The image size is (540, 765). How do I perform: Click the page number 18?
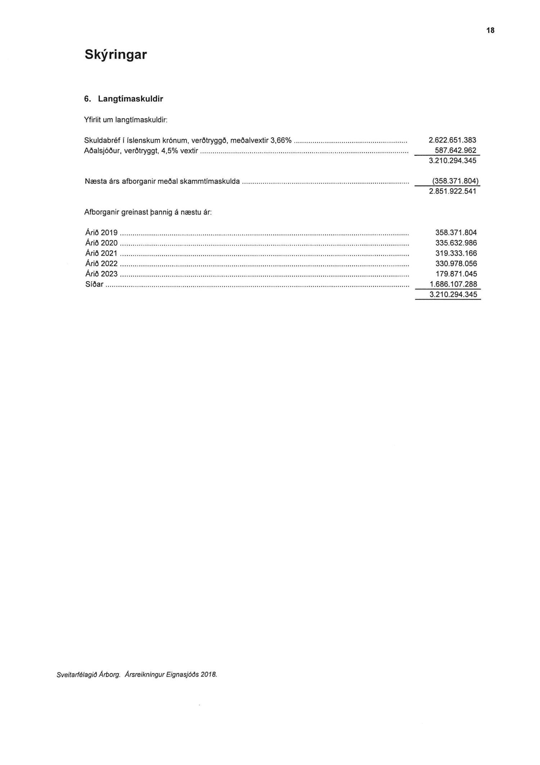click(490, 31)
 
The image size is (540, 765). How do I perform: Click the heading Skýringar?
click(116, 55)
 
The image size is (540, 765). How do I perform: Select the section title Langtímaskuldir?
click(130, 99)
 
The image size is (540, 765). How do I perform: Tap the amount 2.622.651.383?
click(453, 140)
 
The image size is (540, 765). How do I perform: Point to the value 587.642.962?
click(455, 150)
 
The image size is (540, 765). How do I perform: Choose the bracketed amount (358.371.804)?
click(455, 181)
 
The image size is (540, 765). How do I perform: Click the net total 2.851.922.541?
click(453, 191)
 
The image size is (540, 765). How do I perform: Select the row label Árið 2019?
click(102, 233)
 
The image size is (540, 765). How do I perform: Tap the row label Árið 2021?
click(102, 253)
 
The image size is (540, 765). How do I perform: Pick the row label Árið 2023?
click(102, 274)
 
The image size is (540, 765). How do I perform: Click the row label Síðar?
click(94, 284)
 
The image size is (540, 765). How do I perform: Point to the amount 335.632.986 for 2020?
click(456, 243)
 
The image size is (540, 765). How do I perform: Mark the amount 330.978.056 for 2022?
click(456, 264)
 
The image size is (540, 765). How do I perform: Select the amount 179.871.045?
click(456, 274)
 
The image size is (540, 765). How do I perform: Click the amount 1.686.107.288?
click(453, 284)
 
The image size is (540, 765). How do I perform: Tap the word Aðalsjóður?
click(103, 151)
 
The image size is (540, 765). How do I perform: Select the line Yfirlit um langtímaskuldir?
click(126, 120)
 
